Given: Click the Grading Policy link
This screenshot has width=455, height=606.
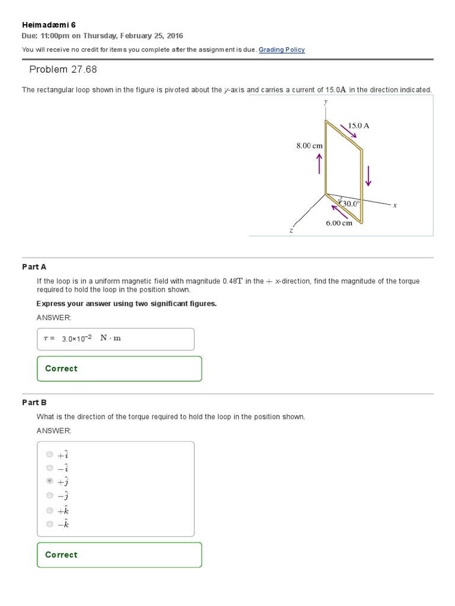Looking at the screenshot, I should click(281, 50).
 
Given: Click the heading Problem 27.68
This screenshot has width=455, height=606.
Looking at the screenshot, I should click(63, 70).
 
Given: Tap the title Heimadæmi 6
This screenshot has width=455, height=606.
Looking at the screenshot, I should click(49, 25).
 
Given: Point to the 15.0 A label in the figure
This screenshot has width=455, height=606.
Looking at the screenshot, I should click(358, 125).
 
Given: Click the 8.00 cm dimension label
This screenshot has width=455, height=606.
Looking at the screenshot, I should click(309, 146).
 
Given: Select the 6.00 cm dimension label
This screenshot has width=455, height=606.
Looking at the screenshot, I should click(339, 223).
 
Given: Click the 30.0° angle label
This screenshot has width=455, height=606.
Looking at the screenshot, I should click(350, 204).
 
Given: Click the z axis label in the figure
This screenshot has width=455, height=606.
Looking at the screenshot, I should click(291, 231).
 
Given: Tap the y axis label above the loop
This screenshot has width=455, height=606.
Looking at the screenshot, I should click(325, 102).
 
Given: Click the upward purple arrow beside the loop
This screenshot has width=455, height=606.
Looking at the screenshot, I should click(319, 164).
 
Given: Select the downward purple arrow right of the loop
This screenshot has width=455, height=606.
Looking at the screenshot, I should click(368, 175).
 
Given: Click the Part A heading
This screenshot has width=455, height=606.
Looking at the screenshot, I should click(34, 267).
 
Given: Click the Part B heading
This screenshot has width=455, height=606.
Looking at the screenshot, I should click(34, 402).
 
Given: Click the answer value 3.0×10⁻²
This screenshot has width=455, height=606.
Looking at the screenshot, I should click(76, 339).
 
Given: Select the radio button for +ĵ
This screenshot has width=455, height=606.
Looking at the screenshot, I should click(49, 482).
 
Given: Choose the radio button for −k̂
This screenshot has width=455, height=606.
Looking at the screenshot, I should click(49, 524).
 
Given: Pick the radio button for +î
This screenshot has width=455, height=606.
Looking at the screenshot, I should click(49, 454).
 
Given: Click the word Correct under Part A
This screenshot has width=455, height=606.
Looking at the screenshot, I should click(61, 369).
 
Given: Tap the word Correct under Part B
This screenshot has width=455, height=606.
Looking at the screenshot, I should click(61, 555).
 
